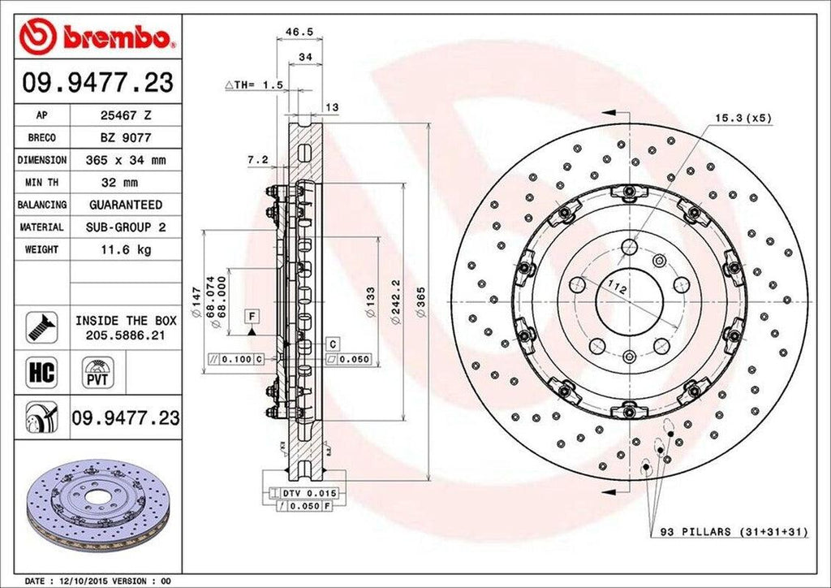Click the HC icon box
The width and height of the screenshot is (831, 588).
pos(41,372)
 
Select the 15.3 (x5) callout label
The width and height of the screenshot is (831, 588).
pos(743,118)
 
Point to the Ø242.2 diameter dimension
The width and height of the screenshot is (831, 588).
pos(395,302)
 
